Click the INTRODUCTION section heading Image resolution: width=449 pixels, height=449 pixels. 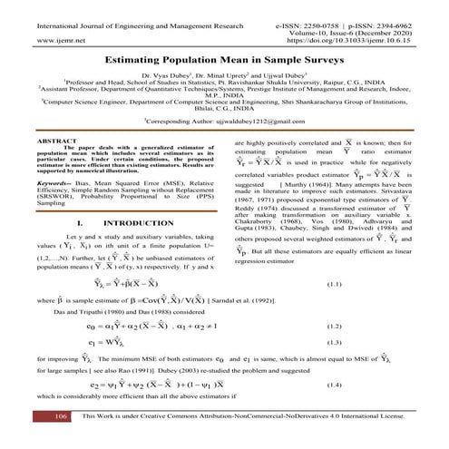pos(124,221)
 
